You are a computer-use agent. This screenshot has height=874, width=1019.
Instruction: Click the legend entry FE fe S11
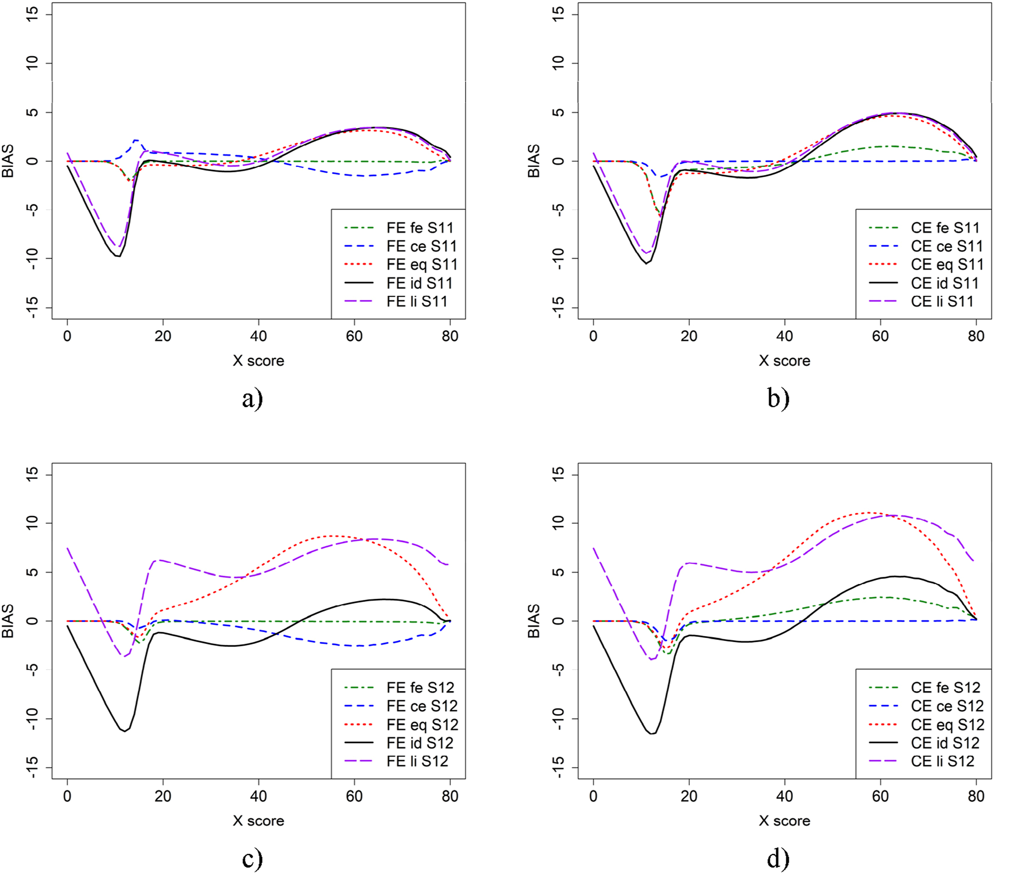(398, 228)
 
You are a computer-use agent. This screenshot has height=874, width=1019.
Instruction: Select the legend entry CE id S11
(924, 283)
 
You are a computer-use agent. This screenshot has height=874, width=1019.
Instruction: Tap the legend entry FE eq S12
(401, 724)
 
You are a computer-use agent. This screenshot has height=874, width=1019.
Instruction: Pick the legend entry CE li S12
(921, 761)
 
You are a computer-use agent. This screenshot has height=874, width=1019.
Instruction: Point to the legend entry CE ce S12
(926, 706)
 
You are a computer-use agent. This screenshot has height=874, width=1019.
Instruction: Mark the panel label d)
(779, 858)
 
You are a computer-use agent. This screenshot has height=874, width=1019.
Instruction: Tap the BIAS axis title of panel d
(534, 621)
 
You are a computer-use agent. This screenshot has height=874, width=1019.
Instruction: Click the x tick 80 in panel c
(450, 796)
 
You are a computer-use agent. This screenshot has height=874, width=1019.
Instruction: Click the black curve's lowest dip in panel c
(124, 731)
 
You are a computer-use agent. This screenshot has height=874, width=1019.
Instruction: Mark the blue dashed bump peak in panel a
(136, 140)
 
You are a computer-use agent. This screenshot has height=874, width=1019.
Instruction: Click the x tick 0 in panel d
(594, 796)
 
